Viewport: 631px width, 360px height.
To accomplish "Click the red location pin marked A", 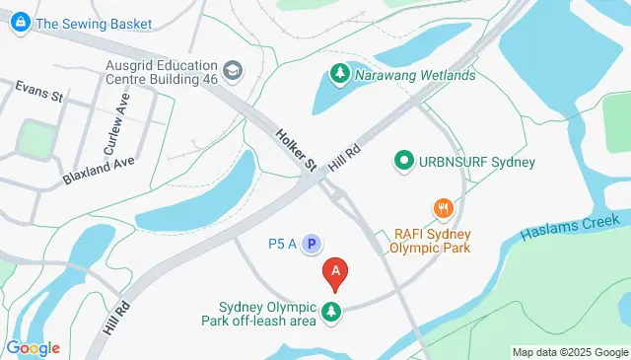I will tap(336, 272).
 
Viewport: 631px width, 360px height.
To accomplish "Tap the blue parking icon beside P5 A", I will tap(313, 243).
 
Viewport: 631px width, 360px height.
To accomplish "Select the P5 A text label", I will tap(283, 243).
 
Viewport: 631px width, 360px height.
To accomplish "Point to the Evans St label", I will tap(39, 93).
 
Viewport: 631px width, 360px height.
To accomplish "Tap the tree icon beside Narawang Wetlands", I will tap(338, 74).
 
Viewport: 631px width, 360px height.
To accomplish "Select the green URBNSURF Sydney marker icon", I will tap(403, 160).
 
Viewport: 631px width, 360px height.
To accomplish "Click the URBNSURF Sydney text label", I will tap(478, 161).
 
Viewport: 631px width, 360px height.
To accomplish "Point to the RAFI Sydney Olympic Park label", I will tap(433, 240).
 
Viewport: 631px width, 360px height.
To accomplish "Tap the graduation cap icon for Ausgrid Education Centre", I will tap(232, 70).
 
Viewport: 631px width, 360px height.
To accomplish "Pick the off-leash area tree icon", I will tap(332, 313).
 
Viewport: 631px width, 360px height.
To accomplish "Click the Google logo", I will tap(32, 348).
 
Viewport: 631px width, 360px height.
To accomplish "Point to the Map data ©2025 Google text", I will tap(570, 352).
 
